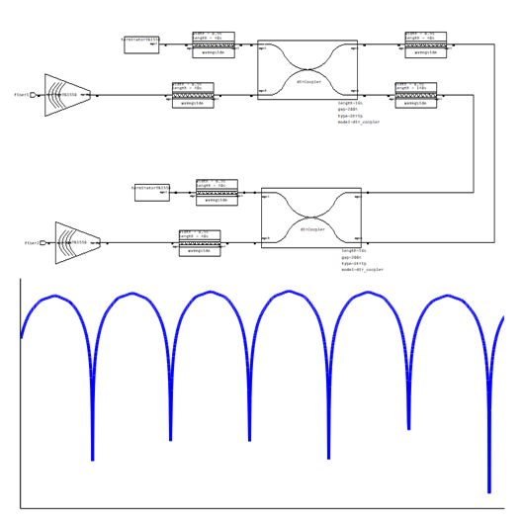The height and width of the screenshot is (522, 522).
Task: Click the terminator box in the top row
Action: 141,44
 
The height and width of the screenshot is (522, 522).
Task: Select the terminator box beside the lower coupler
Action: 152,192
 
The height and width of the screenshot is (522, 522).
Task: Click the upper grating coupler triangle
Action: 65,95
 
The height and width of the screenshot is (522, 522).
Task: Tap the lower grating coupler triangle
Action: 76,242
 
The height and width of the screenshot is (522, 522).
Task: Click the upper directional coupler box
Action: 307,69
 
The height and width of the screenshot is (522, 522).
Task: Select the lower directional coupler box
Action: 311,217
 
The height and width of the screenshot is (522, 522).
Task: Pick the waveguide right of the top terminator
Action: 214,45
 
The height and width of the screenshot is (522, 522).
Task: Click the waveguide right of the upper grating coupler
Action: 193,96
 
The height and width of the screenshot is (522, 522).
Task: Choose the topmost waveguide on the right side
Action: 425,45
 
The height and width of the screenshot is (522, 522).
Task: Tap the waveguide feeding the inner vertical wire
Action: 415,96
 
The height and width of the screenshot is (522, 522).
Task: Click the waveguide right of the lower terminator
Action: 217,193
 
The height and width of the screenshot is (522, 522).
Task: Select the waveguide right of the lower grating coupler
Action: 200,243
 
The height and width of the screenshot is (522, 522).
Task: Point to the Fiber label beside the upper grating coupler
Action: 21,95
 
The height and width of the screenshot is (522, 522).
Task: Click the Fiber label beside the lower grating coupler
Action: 32,242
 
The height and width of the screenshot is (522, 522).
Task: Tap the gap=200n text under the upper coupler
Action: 347,109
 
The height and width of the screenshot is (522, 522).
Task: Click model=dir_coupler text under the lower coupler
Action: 362,270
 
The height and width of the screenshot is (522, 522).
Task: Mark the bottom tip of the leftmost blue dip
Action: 92,459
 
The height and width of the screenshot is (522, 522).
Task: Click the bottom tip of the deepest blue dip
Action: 488,490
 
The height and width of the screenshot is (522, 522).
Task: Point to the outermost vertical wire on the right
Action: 494,143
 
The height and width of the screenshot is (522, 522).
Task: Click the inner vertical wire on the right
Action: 473,143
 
